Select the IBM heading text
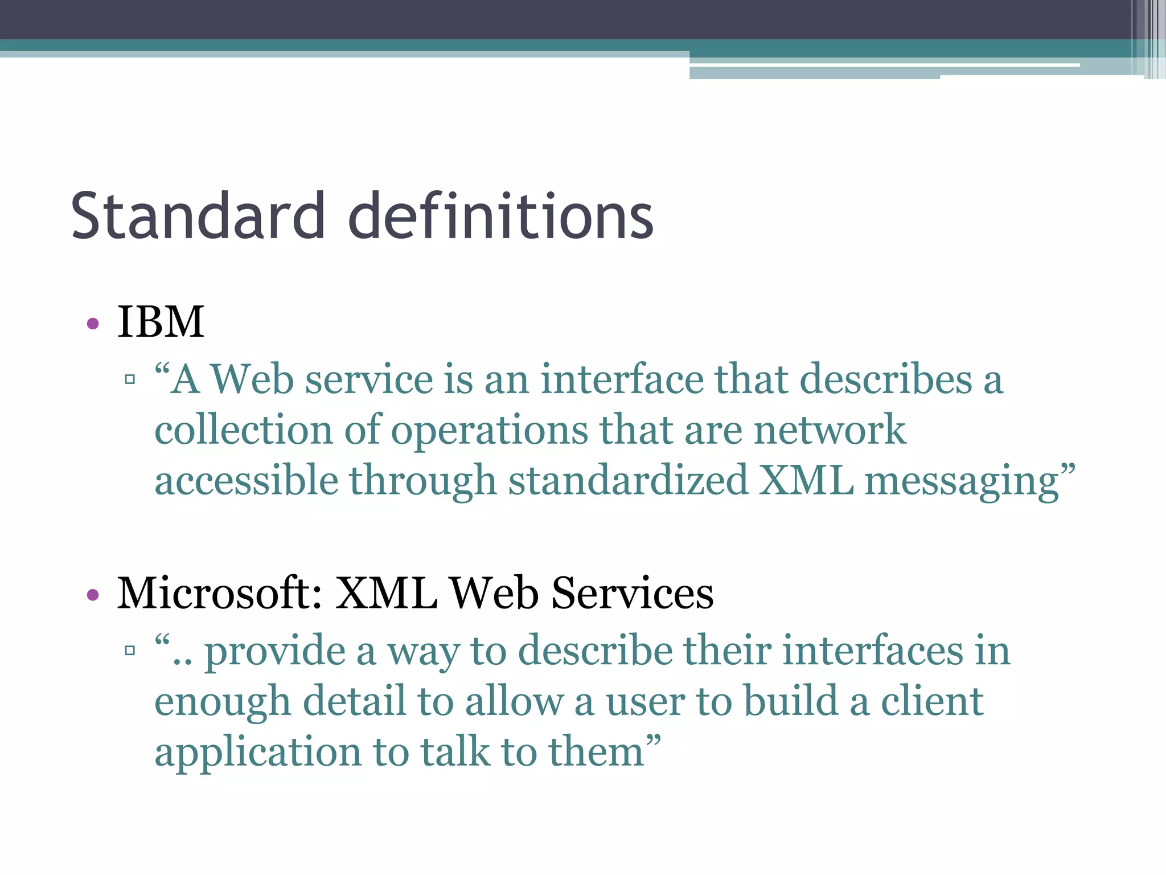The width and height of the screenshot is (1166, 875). click(x=161, y=322)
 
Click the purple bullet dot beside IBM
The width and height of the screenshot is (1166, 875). click(x=93, y=324)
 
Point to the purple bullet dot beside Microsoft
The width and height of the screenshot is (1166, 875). click(x=93, y=595)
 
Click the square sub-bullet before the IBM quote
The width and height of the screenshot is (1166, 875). click(x=130, y=379)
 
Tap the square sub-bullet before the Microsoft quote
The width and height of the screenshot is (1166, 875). click(x=130, y=650)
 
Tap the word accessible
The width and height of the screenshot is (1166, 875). click(x=247, y=480)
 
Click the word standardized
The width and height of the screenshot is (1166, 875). click(x=628, y=480)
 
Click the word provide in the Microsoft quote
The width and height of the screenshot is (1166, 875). click(x=274, y=651)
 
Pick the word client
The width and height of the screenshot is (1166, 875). click(x=932, y=701)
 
